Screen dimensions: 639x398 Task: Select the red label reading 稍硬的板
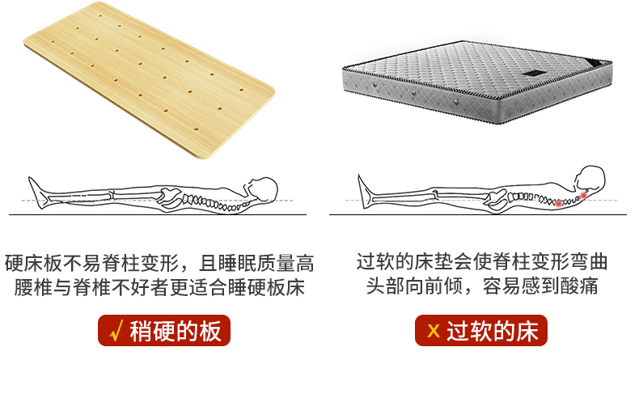point(164,331)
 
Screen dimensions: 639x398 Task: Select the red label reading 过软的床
point(481,331)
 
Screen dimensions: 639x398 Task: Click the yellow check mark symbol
point(115,331)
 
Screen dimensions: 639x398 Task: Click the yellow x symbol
point(434,332)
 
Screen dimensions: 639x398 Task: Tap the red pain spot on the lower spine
point(557,203)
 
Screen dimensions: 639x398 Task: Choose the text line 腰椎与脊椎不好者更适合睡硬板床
point(159,287)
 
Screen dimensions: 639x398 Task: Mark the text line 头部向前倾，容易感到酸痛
point(482,287)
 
